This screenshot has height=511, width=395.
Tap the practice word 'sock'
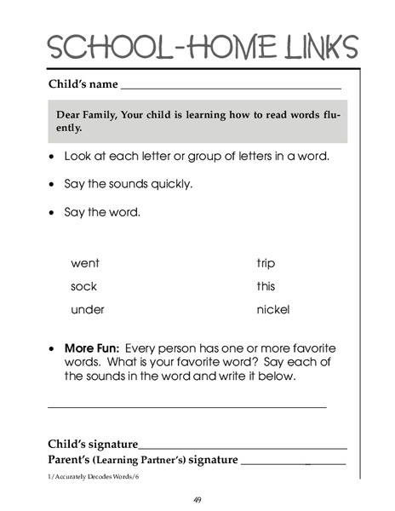[x=83, y=287]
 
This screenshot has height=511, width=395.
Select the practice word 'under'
[x=87, y=310]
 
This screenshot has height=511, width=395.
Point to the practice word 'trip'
[x=266, y=264]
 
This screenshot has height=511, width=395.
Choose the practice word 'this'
[x=266, y=287]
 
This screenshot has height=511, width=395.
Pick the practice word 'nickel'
[x=272, y=310]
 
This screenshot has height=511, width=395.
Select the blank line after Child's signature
[x=243, y=447]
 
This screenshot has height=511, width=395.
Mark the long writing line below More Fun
[x=187, y=407]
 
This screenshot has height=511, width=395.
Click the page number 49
[x=197, y=499]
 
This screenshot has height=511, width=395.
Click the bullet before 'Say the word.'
[x=53, y=212]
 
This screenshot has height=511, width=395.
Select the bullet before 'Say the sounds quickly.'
[x=53, y=185]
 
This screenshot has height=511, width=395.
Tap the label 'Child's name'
[x=83, y=85]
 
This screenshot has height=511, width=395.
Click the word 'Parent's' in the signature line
[x=71, y=460]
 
